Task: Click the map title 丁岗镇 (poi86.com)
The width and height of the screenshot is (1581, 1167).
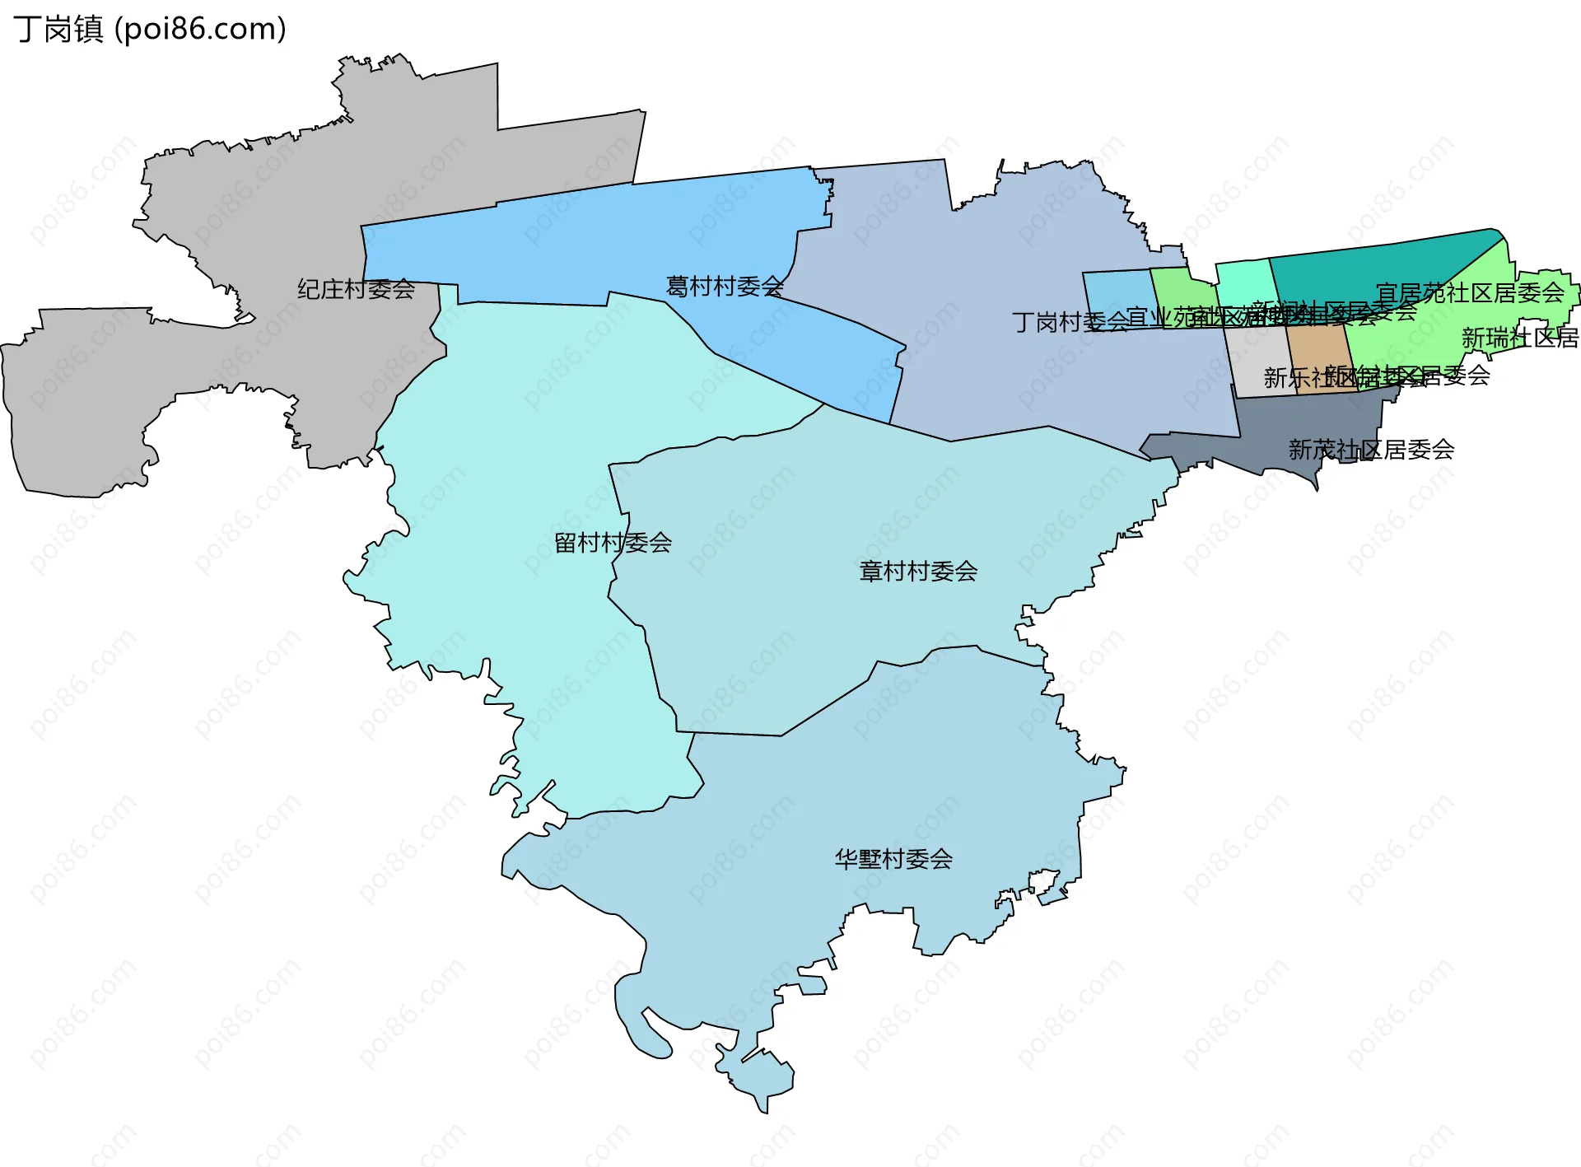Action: click(150, 29)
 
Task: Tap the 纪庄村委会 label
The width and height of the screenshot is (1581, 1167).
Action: click(356, 289)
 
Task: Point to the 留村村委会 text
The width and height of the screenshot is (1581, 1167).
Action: click(613, 543)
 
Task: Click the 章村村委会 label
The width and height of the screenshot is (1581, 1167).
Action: click(918, 571)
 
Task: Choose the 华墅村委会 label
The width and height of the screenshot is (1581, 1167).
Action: click(893, 859)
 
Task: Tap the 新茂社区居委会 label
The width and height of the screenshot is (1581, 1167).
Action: click(1371, 450)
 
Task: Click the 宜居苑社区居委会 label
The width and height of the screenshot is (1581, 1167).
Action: click(1470, 293)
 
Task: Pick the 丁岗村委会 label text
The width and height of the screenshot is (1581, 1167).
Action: click(1069, 322)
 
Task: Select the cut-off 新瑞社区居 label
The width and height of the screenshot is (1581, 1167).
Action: click(1519, 338)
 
